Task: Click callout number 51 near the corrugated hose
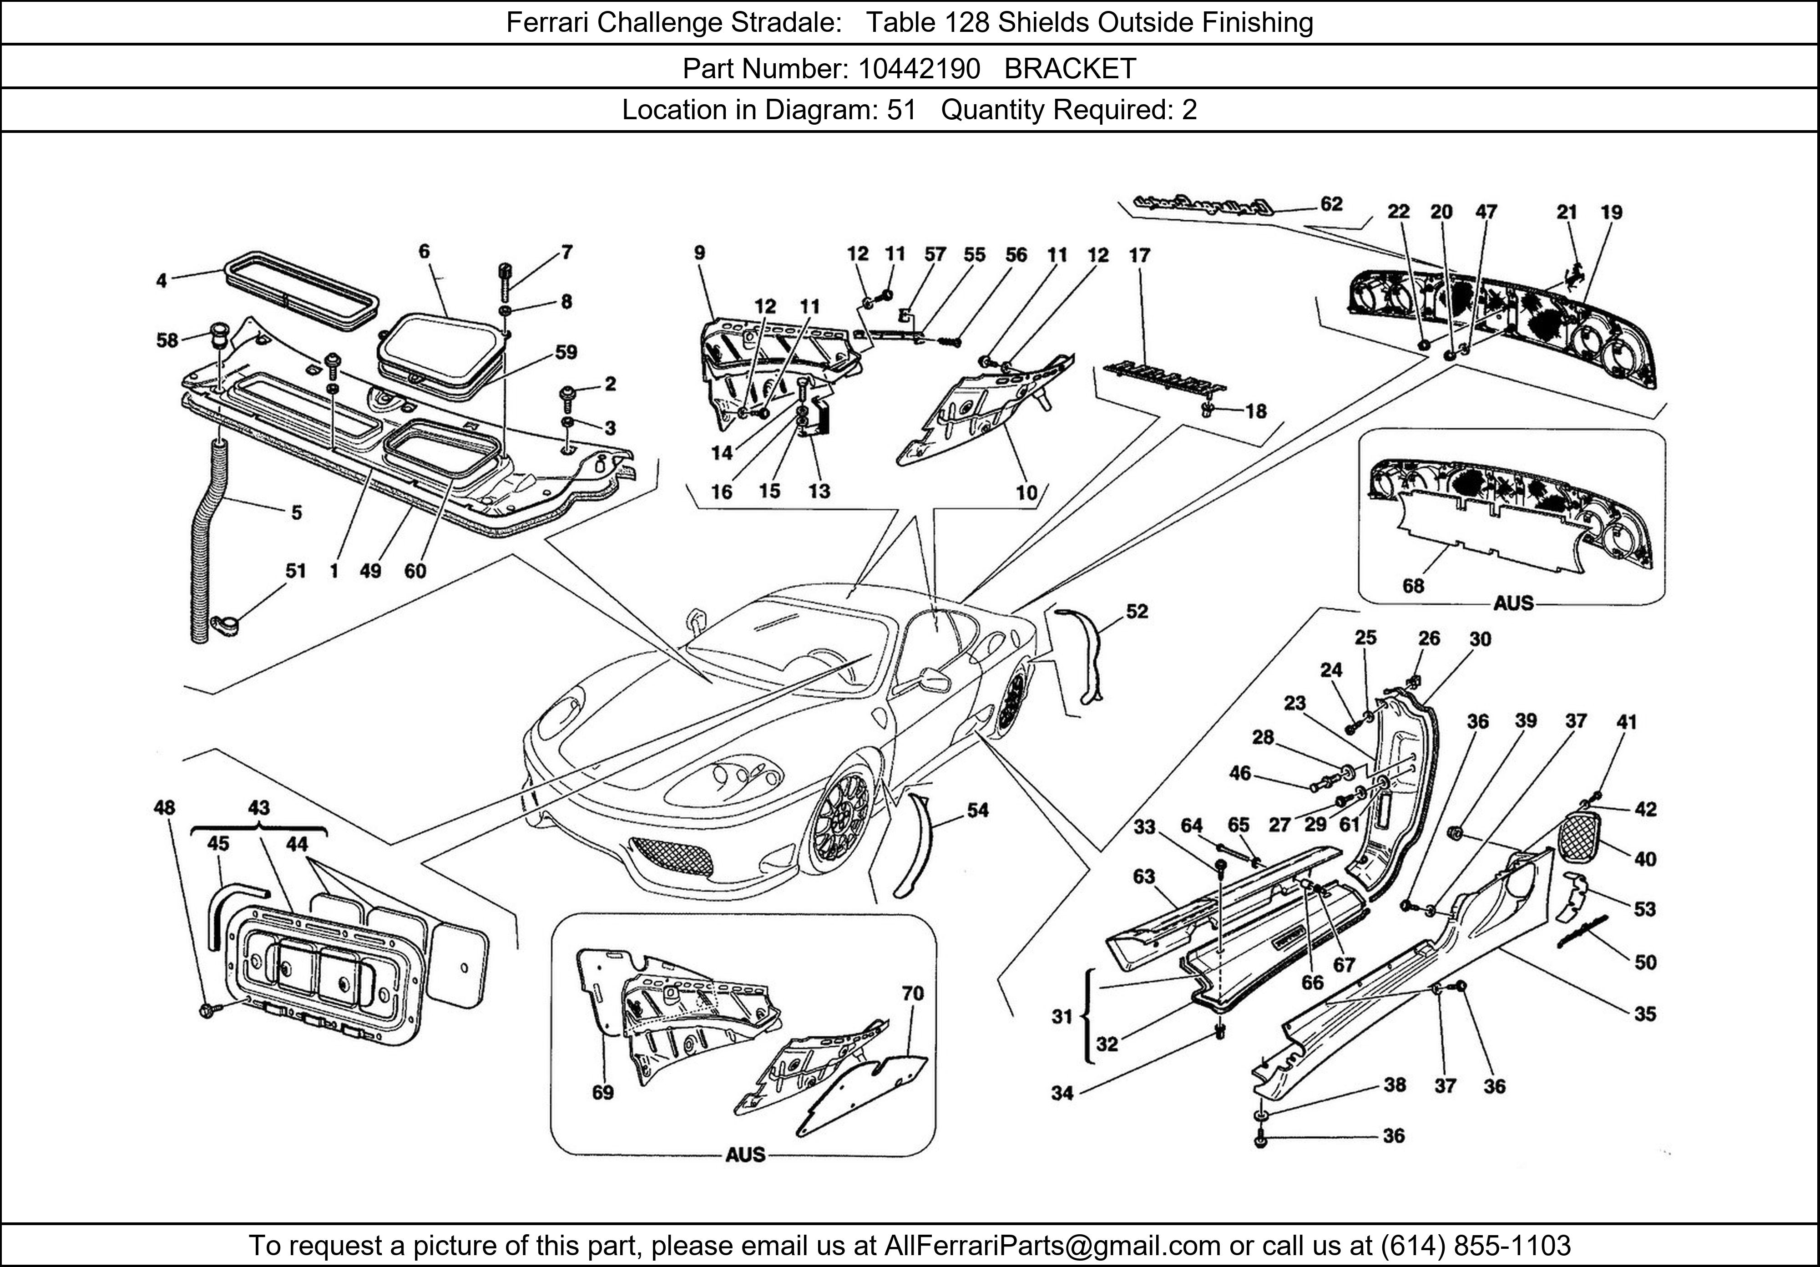click(295, 570)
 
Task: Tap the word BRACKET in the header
click(1070, 69)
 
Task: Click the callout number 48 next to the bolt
click(164, 807)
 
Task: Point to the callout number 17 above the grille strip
click(1139, 255)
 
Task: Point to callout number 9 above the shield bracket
click(699, 253)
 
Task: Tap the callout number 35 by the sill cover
click(1645, 1014)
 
